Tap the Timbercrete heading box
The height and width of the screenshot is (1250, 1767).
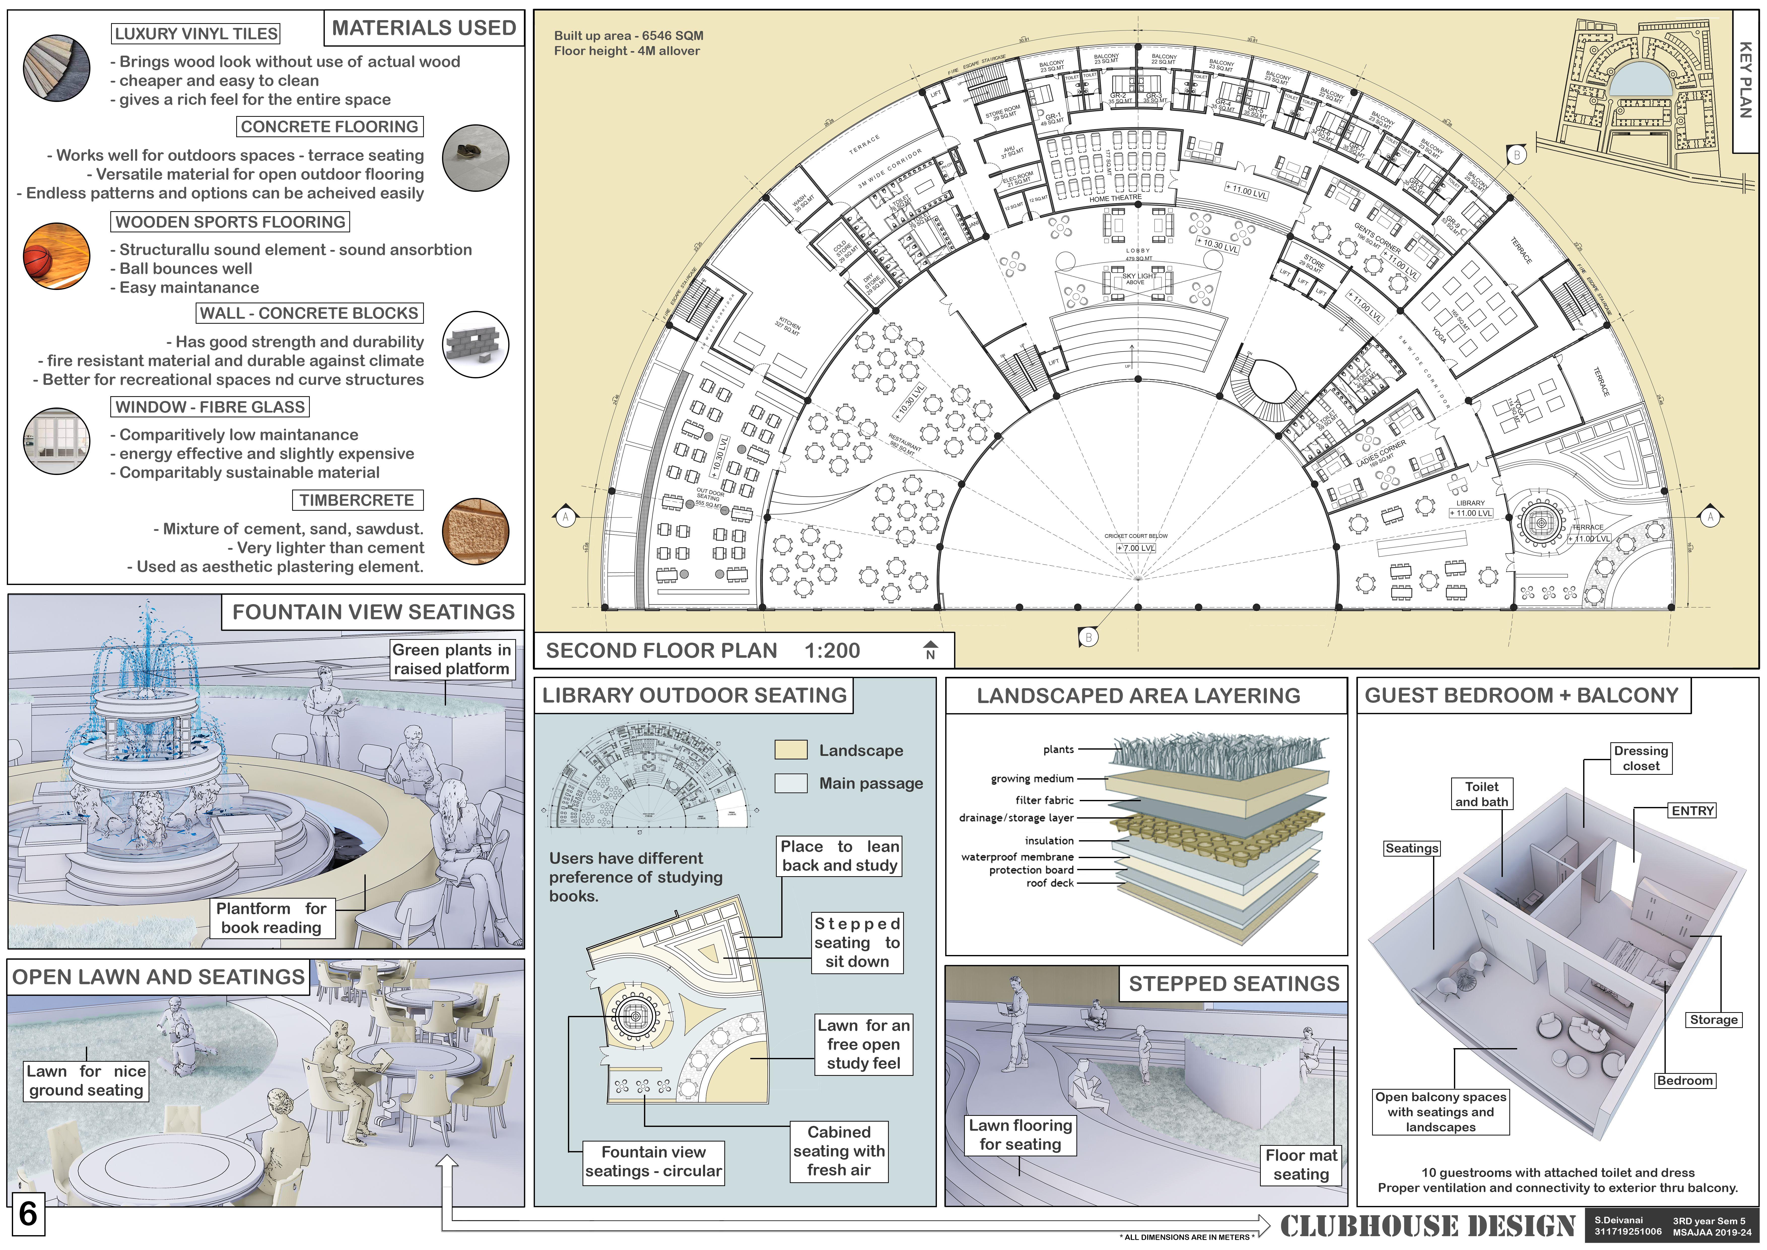[357, 500]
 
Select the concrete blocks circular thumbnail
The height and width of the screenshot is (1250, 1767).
[476, 344]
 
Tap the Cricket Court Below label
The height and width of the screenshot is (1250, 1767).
[1136, 536]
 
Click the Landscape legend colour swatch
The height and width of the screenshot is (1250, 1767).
[791, 750]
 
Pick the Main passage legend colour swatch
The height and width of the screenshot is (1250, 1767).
[791, 783]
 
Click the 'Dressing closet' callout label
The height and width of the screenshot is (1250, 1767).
[1641, 758]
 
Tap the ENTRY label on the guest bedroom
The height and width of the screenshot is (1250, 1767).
[1692, 811]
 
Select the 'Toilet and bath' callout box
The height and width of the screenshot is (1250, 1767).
[1481, 794]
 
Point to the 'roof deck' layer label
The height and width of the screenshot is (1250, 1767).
[1050, 883]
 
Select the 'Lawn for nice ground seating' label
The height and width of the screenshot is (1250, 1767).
[86, 1081]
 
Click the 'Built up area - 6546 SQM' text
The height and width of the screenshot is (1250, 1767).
[628, 35]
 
